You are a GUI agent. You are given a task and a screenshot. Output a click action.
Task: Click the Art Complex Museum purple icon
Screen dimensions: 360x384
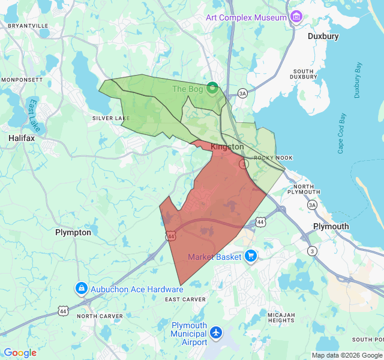[x=296, y=17]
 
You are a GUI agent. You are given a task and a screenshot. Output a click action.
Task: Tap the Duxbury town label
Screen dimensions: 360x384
[x=323, y=36]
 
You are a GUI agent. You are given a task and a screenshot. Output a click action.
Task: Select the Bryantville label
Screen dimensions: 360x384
[x=27, y=26]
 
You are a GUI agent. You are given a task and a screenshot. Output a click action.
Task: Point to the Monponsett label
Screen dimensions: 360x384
[x=22, y=79]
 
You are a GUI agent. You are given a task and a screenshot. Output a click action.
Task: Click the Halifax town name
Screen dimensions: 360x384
[x=22, y=138]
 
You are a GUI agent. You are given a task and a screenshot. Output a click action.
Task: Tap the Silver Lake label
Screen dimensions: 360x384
[x=110, y=118]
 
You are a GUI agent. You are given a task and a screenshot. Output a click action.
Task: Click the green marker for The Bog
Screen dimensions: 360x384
[x=212, y=89]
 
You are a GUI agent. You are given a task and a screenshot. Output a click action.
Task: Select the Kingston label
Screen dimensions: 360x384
[x=227, y=146]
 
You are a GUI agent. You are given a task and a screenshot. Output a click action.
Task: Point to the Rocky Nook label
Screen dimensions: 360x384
[x=273, y=158]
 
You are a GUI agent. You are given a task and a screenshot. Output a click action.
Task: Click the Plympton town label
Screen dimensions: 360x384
[x=73, y=232]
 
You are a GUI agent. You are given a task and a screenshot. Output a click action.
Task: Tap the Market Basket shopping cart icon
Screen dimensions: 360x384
[x=251, y=257]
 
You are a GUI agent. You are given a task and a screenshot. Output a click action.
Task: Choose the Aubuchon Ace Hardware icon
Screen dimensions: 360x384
[x=80, y=289]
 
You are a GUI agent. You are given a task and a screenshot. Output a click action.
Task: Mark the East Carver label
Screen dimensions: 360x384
[x=185, y=299]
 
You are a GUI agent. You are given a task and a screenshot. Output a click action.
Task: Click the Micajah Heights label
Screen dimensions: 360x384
[x=282, y=317]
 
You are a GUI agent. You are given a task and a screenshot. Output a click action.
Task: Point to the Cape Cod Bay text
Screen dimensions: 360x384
[x=341, y=133]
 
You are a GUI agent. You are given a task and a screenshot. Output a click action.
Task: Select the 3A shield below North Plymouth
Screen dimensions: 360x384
[x=312, y=205]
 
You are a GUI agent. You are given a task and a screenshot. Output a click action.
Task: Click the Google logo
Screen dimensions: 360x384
[x=20, y=353]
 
